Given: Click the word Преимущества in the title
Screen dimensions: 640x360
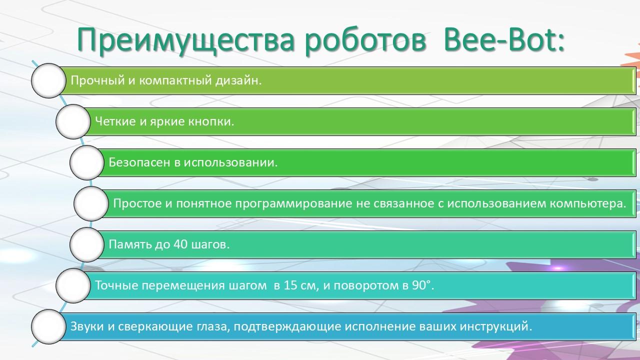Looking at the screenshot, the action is pos(185,40).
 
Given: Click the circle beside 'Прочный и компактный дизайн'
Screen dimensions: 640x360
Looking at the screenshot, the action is pos(48,81).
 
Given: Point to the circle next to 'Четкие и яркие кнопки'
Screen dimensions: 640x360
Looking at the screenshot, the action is pos(73,121).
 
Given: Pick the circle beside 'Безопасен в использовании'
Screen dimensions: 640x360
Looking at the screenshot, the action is pos(87,162).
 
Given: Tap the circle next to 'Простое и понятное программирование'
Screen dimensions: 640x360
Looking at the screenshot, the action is pos(91,203).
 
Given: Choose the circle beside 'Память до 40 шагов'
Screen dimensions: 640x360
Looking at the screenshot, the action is pos(87,244).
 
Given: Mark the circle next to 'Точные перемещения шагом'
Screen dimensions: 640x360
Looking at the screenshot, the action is pos(73,285).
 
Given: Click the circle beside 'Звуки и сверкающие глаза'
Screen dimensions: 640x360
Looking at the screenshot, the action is pos(48,326).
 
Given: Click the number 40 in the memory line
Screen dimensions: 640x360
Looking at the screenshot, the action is pos(180,244).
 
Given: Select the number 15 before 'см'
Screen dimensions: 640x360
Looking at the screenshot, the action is pos(290,285).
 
